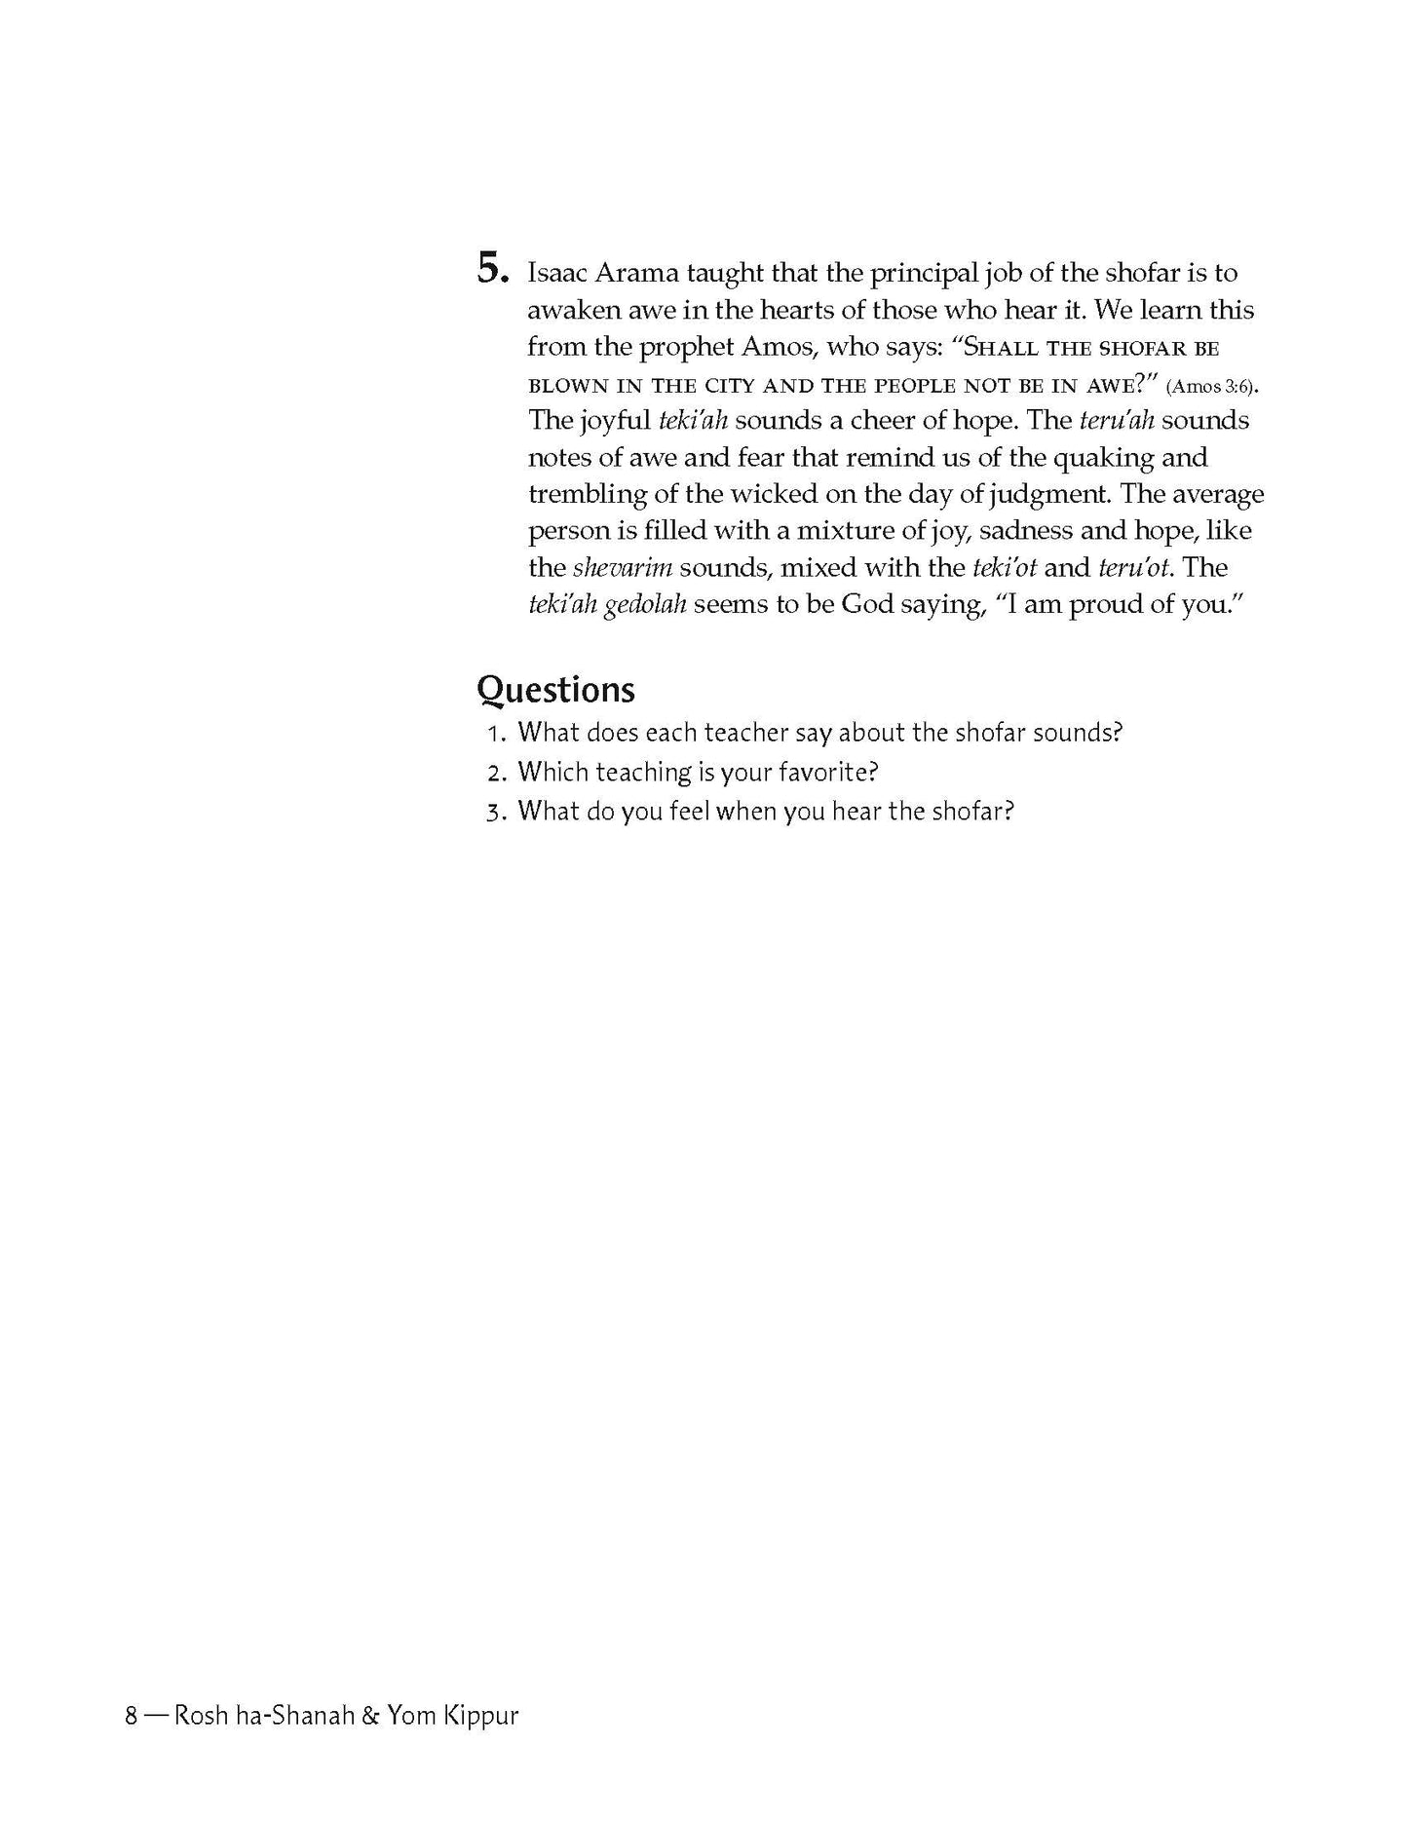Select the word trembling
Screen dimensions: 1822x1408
[x=587, y=494]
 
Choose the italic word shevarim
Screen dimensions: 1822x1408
[x=623, y=567]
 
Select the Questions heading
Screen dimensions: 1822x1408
[x=555, y=690]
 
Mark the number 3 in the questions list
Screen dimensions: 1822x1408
[x=493, y=812]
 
